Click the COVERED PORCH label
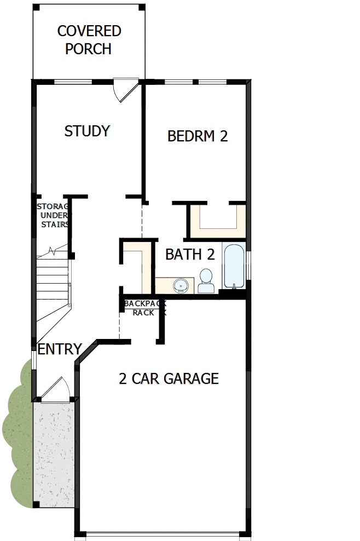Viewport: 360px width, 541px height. click(89, 39)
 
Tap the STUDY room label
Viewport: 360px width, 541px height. click(87, 131)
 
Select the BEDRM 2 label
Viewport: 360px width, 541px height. click(197, 136)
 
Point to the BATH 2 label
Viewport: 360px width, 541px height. click(189, 254)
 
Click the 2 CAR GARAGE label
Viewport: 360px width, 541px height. click(169, 378)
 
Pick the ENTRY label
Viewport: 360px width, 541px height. click(60, 349)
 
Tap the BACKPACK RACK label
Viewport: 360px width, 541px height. click(144, 308)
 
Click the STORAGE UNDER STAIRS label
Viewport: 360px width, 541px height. click(53, 215)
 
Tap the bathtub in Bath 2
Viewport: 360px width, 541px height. click(234, 266)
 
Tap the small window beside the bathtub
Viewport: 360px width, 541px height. click(248, 266)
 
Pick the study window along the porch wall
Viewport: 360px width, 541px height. click(73, 82)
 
